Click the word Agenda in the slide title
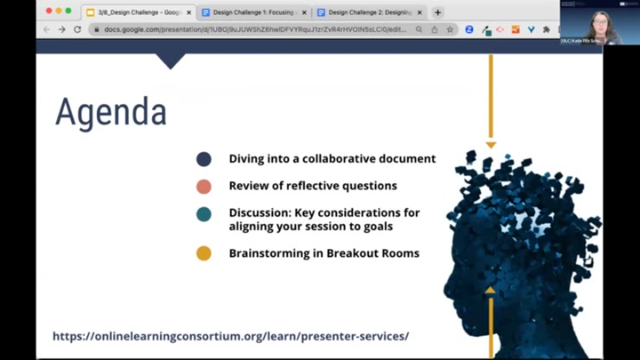110,112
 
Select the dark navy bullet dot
204,159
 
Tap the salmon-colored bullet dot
204,187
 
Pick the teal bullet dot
204,214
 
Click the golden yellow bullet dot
204,253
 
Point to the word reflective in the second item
314,187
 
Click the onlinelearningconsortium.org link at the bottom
230,336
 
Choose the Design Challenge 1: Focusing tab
252,12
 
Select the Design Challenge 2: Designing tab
368,12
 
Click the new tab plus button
437,12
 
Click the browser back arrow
47,29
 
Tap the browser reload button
77,29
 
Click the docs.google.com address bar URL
249,29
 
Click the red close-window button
48,11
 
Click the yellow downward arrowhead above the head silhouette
490,144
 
